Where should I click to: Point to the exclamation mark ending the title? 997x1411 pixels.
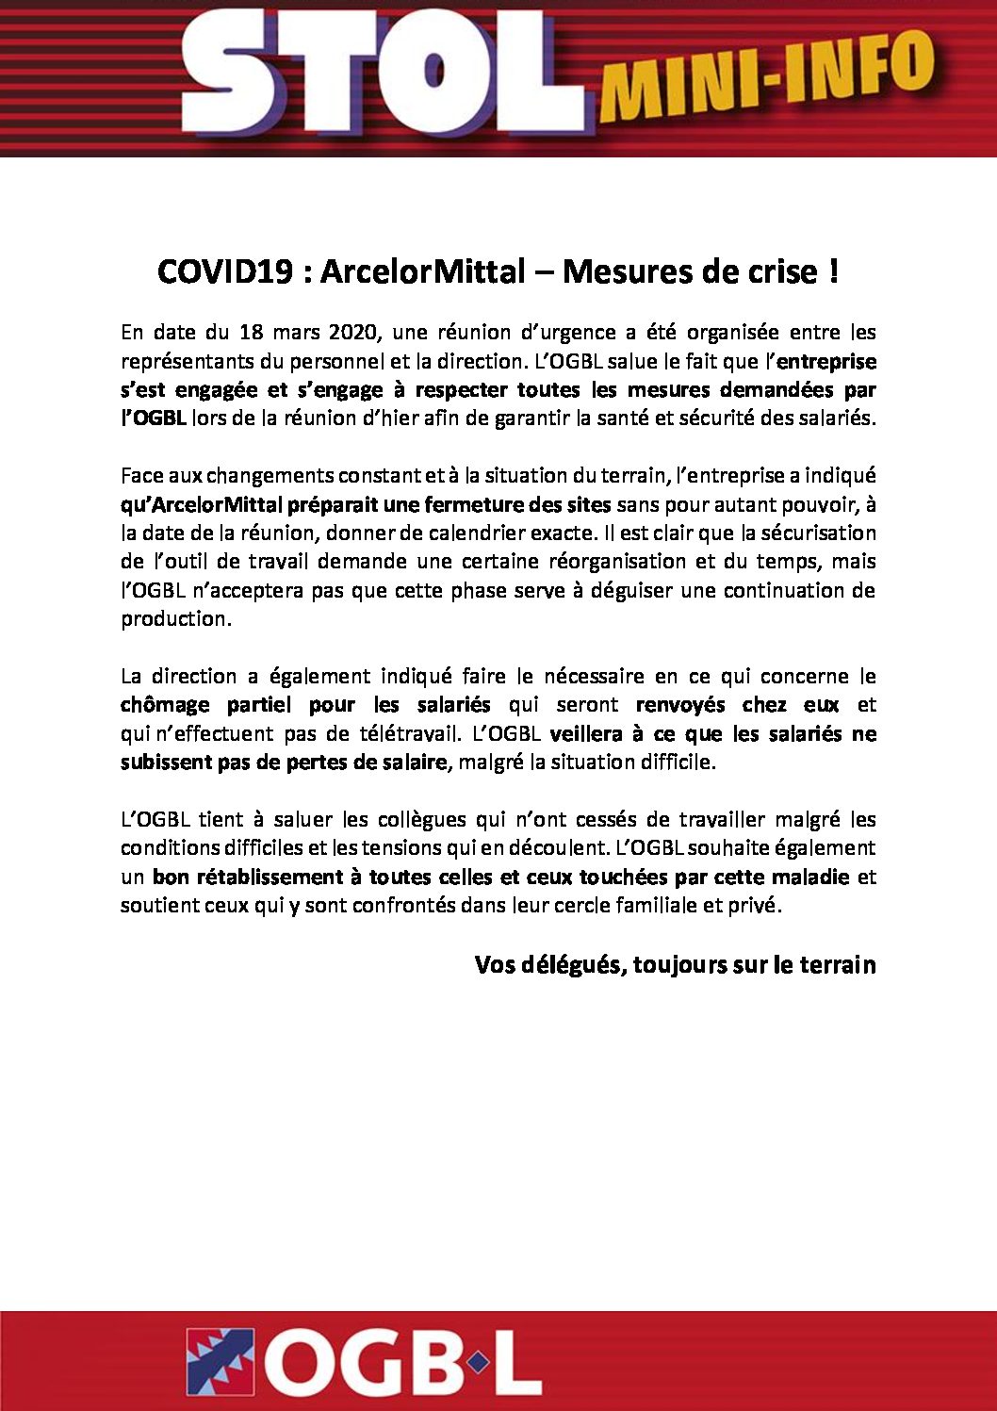pyautogui.click(x=833, y=271)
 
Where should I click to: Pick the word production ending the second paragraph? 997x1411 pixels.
pyautogui.click(x=174, y=619)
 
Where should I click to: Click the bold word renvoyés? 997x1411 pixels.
pyautogui.click(x=680, y=705)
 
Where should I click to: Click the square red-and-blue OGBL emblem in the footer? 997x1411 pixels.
pyautogui.click(x=221, y=1361)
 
